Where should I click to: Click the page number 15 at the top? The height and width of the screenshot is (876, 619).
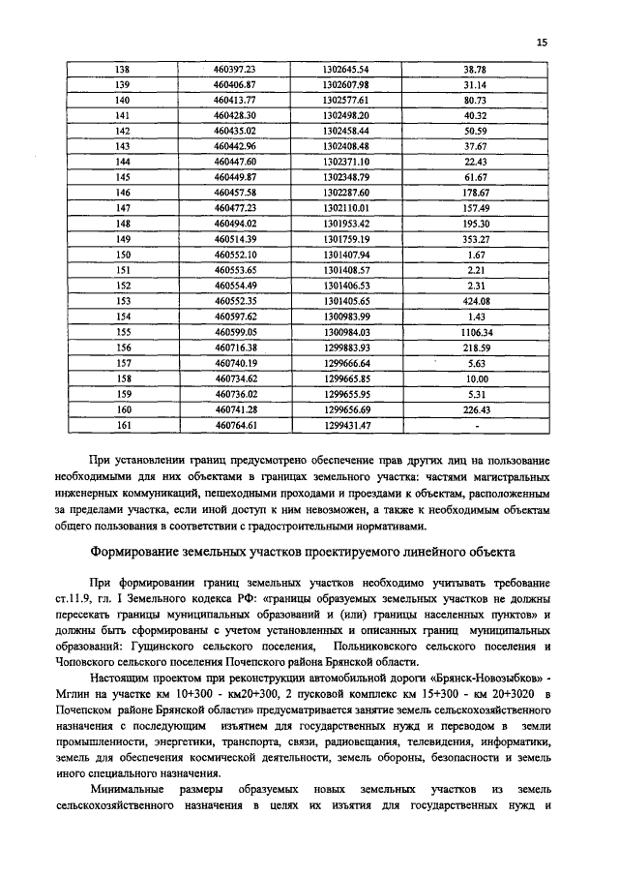(542, 42)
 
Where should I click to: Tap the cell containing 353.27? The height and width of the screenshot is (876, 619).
(474, 238)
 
